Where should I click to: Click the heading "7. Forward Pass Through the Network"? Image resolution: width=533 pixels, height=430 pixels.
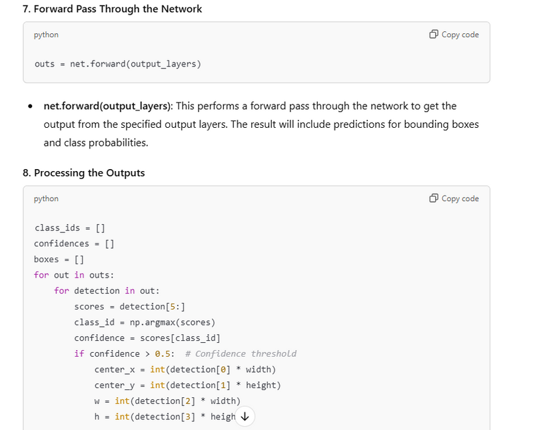coord(113,9)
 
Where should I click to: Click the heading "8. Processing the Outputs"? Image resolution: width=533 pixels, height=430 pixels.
coord(83,173)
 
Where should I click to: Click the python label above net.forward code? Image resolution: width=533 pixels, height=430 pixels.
coord(46,35)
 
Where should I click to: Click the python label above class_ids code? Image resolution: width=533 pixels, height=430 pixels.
coord(46,198)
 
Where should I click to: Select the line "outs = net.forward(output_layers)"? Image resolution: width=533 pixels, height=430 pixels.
coord(117,64)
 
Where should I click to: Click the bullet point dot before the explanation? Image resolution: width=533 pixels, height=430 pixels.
coord(31,107)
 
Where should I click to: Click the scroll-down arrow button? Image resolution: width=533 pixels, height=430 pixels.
coord(245,417)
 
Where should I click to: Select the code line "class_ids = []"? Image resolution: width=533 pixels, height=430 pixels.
coord(70,228)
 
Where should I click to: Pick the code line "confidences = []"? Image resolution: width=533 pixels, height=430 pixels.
coord(75,244)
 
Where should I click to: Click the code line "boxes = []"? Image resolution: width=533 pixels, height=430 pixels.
coord(59,260)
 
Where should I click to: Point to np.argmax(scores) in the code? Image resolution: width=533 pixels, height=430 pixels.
coord(172,322)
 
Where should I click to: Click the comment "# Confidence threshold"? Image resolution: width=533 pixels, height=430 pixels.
coord(241,353)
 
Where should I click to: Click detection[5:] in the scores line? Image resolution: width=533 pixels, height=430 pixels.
coord(152,307)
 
